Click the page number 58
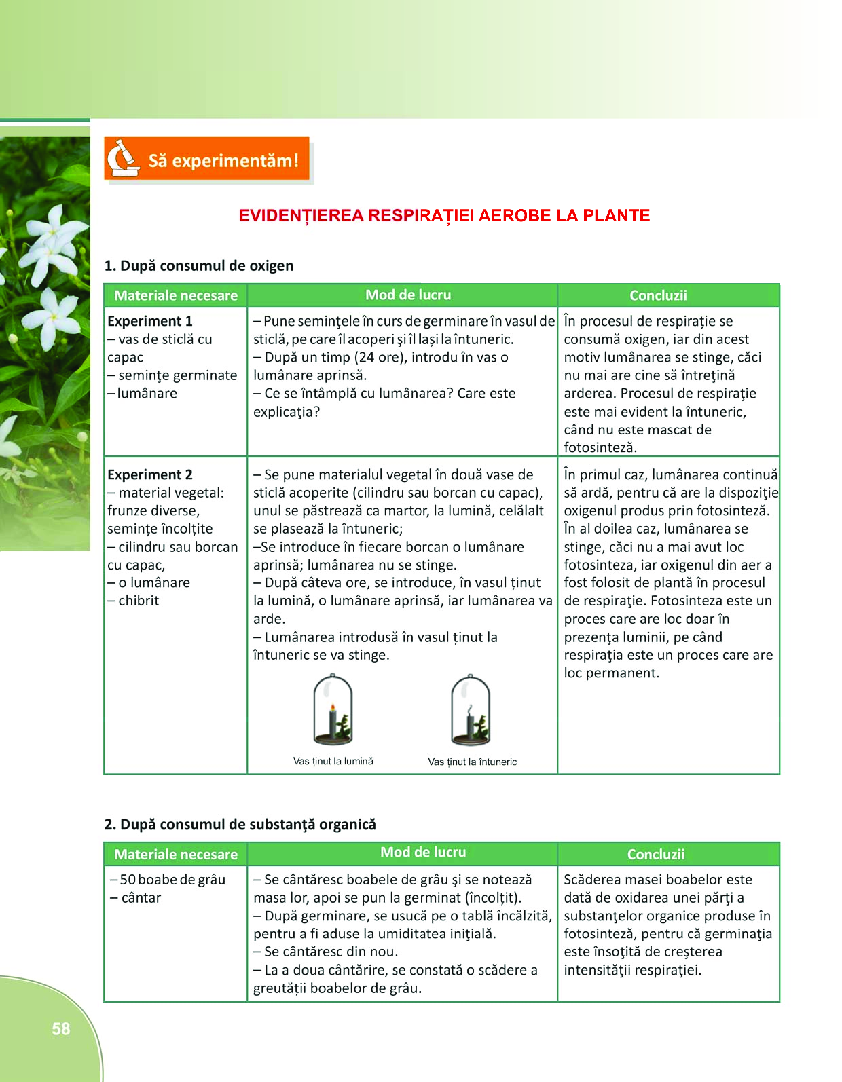pyautogui.click(x=61, y=1028)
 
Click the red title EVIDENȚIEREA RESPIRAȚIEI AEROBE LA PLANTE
pyautogui.click(x=444, y=216)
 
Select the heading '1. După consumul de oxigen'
pyautogui.click(x=199, y=265)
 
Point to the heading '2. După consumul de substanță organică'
pyautogui.click(x=240, y=824)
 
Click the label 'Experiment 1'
pyautogui.click(x=150, y=321)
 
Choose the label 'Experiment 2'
pyautogui.click(x=150, y=474)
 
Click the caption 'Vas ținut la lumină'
pyautogui.click(x=333, y=761)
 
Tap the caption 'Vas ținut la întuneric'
pyautogui.click(x=472, y=762)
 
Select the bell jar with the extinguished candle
pyautogui.click(x=471, y=710)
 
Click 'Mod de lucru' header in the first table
pyautogui.click(x=408, y=295)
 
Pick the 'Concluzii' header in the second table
pyautogui.click(x=656, y=854)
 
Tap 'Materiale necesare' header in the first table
pyautogui.click(x=176, y=295)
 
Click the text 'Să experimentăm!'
pyautogui.click(x=223, y=161)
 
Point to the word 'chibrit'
pyautogui.click(x=139, y=601)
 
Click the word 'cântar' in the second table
pyautogui.click(x=141, y=897)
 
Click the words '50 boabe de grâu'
pyautogui.click(x=172, y=880)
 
